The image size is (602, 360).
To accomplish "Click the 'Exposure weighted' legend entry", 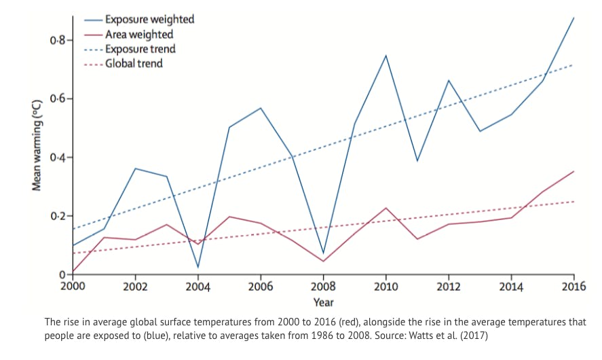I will [149, 19].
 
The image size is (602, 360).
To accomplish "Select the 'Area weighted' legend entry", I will [138, 34].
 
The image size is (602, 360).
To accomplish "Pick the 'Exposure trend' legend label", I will [140, 49].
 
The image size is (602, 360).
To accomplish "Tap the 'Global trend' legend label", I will [134, 64].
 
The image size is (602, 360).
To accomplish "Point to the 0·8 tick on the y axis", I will [58, 40].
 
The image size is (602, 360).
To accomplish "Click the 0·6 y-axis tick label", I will [58, 99].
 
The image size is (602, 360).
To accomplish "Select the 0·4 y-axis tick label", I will [58, 158].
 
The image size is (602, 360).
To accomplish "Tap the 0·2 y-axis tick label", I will [58, 216].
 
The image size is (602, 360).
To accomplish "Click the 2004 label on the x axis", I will [198, 287].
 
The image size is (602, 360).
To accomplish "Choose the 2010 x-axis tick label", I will [386, 287].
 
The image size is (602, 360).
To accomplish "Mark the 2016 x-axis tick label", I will [573, 287].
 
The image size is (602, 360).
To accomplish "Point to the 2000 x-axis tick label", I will [73, 287].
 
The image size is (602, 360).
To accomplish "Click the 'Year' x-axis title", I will [323, 302].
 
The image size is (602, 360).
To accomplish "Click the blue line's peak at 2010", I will [386, 55].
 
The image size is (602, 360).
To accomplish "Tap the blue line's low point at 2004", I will [198, 268].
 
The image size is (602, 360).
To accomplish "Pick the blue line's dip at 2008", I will [324, 253].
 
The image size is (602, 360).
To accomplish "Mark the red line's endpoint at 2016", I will [573, 171].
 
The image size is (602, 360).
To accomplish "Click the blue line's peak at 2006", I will [261, 108].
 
